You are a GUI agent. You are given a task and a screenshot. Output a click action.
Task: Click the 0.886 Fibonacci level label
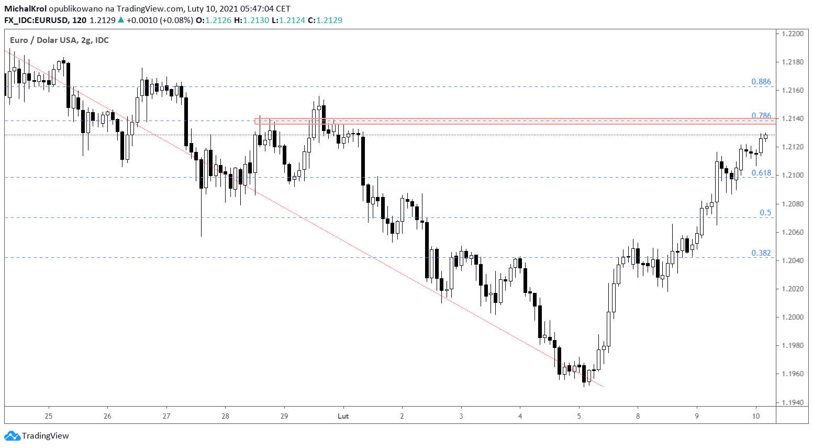tap(761, 82)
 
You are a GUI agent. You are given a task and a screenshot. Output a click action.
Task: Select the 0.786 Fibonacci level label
tap(761, 116)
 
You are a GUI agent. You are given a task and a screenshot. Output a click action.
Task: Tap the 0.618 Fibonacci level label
tap(761, 173)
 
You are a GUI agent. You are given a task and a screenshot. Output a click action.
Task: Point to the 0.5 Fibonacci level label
tap(765, 213)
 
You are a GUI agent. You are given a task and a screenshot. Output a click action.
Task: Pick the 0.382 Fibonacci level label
tap(761, 253)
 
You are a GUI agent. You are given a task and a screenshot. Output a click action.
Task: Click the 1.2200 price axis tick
tap(792, 34)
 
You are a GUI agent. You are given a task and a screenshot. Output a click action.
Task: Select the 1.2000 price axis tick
tap(792, 317)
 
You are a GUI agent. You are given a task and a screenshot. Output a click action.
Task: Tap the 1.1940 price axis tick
tap(792, 402)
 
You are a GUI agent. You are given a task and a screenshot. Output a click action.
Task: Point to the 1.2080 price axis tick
tap(792, 204)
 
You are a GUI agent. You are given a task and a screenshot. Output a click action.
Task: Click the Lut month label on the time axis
tap(343, 417)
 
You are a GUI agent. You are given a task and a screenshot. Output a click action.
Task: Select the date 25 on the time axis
tap(49, 417)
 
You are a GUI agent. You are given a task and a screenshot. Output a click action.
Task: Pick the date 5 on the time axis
tap(579, 417)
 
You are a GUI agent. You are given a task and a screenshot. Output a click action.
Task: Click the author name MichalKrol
tap(25, 9)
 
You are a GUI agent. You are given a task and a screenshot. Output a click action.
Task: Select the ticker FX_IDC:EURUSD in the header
tap(36, 20)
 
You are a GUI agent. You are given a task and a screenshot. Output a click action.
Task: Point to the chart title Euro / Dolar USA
tap(43, 40)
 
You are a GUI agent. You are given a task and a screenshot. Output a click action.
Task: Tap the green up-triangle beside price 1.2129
tap(121, 20)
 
